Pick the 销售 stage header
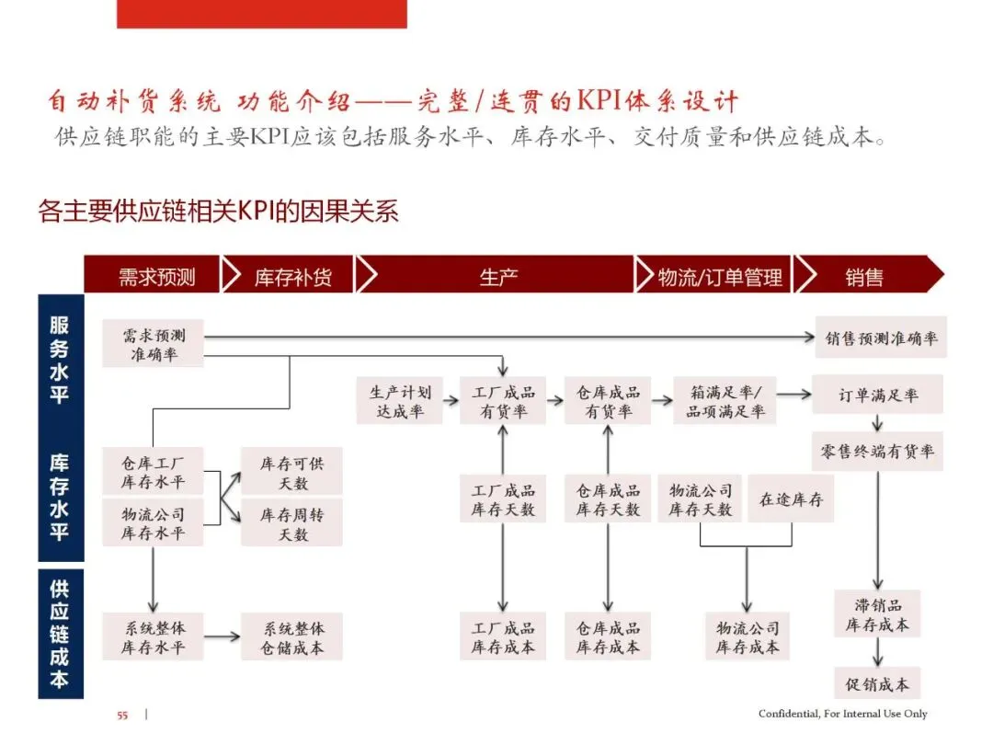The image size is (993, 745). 864,276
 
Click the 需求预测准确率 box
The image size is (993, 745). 153,344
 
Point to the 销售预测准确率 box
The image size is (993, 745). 881,338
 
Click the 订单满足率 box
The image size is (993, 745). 877,395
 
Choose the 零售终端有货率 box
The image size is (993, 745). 877,451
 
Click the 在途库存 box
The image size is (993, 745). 790,499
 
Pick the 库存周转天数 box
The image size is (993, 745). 291,523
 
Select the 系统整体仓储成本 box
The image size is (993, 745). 291,636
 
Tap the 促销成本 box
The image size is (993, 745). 877,684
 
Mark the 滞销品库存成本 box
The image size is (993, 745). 877,613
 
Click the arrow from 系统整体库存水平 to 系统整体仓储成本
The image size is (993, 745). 221,636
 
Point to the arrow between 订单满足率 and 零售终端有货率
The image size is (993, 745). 877,423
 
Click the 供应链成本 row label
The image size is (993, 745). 60,635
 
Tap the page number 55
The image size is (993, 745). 122,715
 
